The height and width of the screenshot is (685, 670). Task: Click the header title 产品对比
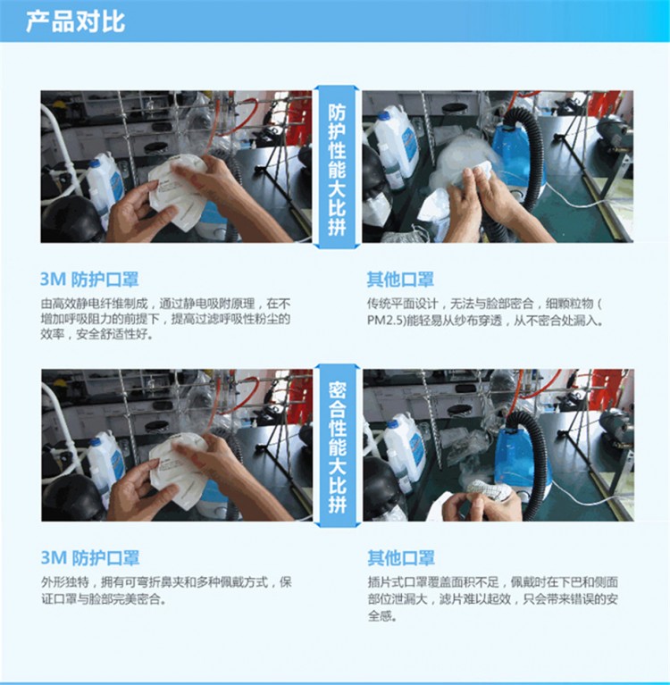75,21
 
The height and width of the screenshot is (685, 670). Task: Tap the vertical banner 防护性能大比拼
337,167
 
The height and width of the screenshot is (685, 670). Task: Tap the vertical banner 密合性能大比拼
337,446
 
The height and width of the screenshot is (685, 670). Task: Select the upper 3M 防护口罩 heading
89,280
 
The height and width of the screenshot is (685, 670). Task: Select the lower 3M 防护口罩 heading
90,558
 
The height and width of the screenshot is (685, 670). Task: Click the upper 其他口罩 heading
400,280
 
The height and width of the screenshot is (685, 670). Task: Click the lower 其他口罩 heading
401,558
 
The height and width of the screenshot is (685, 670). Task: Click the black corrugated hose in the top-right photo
527,157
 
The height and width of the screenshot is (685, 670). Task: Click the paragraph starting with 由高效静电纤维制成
165,319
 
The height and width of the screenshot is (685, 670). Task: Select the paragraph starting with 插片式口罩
493,598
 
